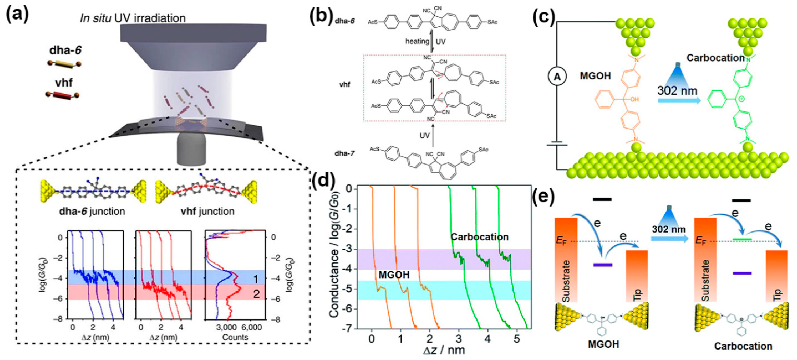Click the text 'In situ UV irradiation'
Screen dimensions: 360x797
(133, 18)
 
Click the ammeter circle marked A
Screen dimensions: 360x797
(557, 76)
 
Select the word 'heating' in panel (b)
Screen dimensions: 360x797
(417, 41)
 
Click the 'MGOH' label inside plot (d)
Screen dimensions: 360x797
(394, 275)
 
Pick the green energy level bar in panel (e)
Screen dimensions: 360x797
(742, 239)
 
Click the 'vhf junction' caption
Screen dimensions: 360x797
(207, 211)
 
